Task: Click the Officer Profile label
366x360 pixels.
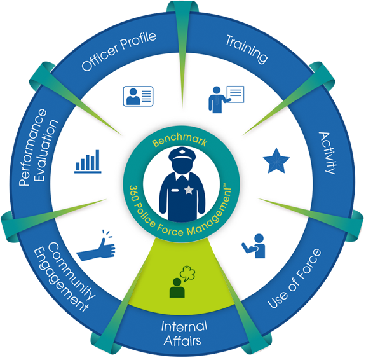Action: (119, 52)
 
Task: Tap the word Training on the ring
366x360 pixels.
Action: (247, 49)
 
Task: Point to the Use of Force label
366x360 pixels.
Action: (295, 279)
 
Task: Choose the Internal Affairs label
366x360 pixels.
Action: (184, 333)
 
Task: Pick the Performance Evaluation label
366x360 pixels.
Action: (38, 148)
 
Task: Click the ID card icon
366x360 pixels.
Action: (138, 96)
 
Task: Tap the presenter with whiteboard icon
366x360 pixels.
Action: (226, 99)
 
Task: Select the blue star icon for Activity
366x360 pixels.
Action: (276, 161)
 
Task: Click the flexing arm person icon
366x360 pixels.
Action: (254, 246)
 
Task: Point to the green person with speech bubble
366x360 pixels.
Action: (182, 282)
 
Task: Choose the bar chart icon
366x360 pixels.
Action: (88, 162)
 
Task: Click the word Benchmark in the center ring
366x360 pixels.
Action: (179, 140)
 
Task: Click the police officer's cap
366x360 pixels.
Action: (182, 155)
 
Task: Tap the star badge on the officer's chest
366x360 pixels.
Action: (189, 190)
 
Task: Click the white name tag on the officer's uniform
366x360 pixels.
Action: (175, 190)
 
